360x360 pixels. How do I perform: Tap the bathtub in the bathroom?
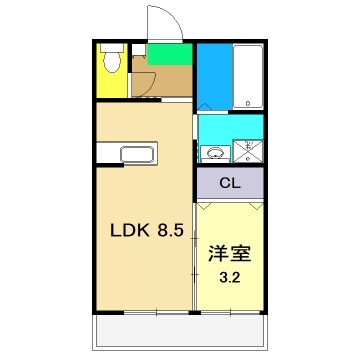(246, 77)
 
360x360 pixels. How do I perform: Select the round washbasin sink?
(211, 154)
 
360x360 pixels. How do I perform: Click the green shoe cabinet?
(165, 53)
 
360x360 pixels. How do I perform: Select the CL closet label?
(229, 184)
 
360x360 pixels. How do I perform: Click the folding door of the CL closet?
(229, 203)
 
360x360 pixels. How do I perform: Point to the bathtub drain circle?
(247, 103)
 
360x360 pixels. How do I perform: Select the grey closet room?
(229, 184)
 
